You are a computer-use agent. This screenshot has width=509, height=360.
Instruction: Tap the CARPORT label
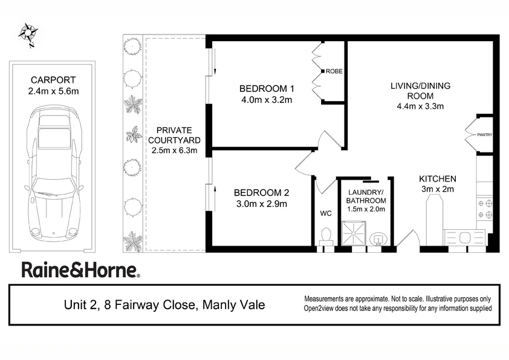click(x=53, y=80)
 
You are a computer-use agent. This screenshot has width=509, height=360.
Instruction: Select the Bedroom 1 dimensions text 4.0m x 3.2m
click(x=266, y=100)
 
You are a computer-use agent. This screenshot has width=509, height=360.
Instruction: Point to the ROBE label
click(x=334, y=71)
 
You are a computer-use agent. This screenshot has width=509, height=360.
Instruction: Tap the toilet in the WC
click(x=326, y=235)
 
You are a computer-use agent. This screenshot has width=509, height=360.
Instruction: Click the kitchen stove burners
click(x=485, y=209)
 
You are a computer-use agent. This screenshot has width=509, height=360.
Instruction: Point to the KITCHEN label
click(x=438, y=179)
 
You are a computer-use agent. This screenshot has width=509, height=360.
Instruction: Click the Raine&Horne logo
click(x=81, y=270)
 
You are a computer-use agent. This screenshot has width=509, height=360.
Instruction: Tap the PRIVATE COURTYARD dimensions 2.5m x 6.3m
click(x=174, y=151)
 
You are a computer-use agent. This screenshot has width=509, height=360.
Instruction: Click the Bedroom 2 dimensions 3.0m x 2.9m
click(x=261, y=204)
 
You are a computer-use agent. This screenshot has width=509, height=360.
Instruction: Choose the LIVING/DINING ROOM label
click(x=420, y=91)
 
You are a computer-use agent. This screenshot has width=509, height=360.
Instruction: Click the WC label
click(x=326, y=214)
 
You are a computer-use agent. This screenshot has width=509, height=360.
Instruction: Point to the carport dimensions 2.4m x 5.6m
click(x=53, y=91)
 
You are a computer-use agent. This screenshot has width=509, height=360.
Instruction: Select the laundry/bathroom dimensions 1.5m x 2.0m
click(x=365, y=209)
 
